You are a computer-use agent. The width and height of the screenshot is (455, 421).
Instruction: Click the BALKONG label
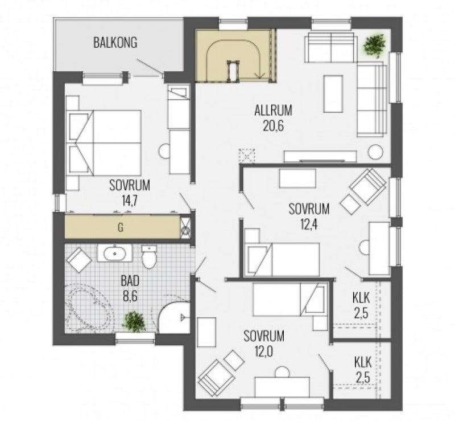(115, 43)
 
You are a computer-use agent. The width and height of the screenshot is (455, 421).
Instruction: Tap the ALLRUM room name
(274, 111)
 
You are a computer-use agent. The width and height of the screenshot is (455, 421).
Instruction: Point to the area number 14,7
(130, 201)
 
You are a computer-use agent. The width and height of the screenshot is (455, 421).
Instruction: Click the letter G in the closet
(121, 227)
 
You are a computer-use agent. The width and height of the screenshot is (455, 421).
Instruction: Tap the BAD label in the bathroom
(130, 281)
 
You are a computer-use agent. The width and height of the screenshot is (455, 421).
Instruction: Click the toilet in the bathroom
(150, 257)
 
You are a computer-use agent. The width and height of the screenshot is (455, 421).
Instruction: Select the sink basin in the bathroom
(115, 254)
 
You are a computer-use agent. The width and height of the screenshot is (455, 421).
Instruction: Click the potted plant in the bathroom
(134, 321)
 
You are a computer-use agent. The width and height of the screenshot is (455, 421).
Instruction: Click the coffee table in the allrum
(333, 93)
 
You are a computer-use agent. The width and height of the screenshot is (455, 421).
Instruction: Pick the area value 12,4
(308, 224)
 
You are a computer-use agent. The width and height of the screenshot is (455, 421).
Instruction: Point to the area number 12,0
(264, 352)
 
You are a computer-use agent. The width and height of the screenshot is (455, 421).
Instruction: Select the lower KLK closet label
(363, 362)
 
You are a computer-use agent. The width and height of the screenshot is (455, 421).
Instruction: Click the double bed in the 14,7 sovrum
(104, 143)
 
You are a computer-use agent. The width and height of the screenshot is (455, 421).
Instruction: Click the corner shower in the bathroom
(174, 317)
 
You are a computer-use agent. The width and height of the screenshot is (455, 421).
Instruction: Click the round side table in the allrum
(376, 152)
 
